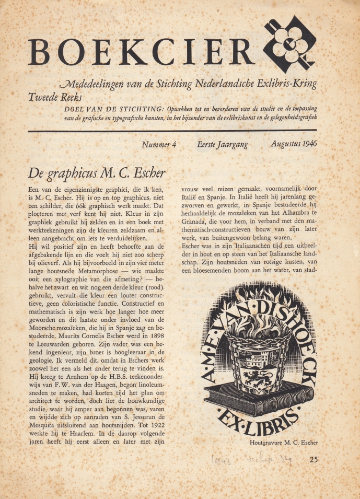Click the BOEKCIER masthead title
click(141, 52)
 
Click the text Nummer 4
click(159, 144)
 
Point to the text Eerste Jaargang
click(223, 144)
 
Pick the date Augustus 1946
click(294, 144)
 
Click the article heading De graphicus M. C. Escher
click(96, 173)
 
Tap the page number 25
click(313, 460)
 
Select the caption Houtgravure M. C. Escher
click(284, 443)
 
